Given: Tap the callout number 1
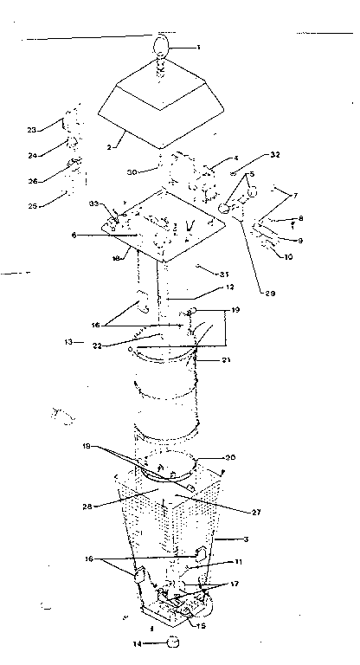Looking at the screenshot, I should tap(197, 47).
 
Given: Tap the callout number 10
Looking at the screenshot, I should tap(287, 255).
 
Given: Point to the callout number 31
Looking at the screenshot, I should tap(199, 268).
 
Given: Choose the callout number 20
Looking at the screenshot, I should tap(230, 459).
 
